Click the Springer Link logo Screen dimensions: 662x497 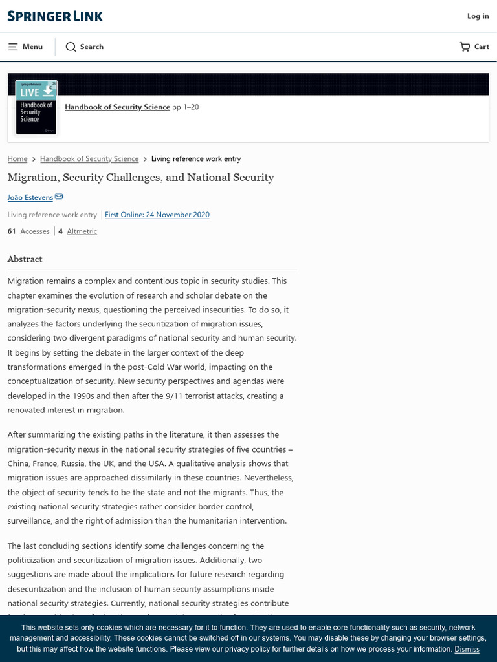point(55,16)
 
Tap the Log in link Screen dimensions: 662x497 point(478,16)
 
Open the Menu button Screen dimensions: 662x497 point(25,47)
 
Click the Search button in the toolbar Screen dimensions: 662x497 point(85,47)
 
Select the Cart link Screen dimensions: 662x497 point(474,47)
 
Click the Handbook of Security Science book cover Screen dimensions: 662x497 point(36,107)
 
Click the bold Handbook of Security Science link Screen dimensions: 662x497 point(117,107)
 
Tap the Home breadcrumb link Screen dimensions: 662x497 point(17,159)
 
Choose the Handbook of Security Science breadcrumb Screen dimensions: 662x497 point(89,159)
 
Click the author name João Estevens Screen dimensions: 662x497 point(30,197)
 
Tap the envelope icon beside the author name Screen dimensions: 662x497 point(59,197)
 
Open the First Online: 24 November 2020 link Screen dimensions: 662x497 point(157,215)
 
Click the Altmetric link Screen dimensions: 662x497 point(82,231)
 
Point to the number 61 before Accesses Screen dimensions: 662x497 point(12,231)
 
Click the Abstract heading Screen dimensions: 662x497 point(25,259)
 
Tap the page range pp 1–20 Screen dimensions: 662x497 point(186,107)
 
